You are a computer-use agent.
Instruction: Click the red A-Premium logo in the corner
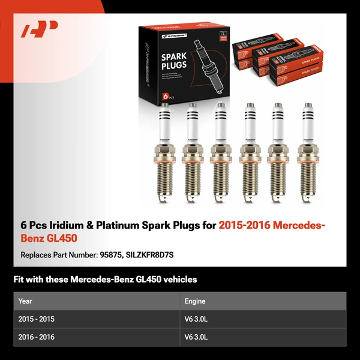40,31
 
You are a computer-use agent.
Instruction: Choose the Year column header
25,301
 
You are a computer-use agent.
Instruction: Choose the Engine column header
195,301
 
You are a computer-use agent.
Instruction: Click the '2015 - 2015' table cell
37,319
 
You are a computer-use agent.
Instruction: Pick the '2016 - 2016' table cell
37,337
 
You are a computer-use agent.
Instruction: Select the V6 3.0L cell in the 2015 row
196,319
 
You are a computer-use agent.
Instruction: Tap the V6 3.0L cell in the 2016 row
196,337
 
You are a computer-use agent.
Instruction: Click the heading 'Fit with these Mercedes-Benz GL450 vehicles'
105,280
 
